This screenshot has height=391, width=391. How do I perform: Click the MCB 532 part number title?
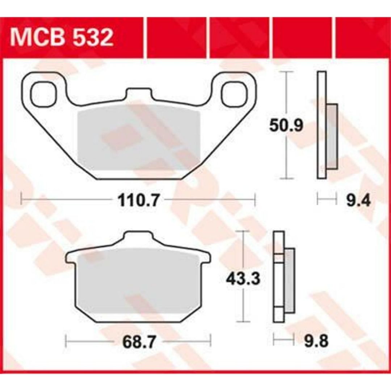[62, 38]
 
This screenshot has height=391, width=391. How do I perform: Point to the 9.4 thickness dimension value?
[358, 200]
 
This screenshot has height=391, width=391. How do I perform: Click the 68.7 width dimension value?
[138, 341]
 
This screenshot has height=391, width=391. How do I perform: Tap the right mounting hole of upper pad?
[234, 94]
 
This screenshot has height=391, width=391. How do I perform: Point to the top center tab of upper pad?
[138, 94]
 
